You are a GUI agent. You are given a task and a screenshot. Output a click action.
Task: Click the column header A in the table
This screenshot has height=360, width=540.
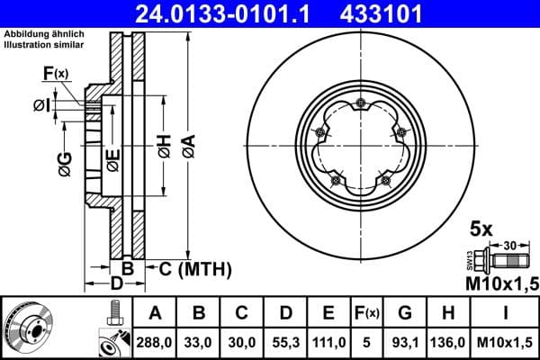click(155, 313)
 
